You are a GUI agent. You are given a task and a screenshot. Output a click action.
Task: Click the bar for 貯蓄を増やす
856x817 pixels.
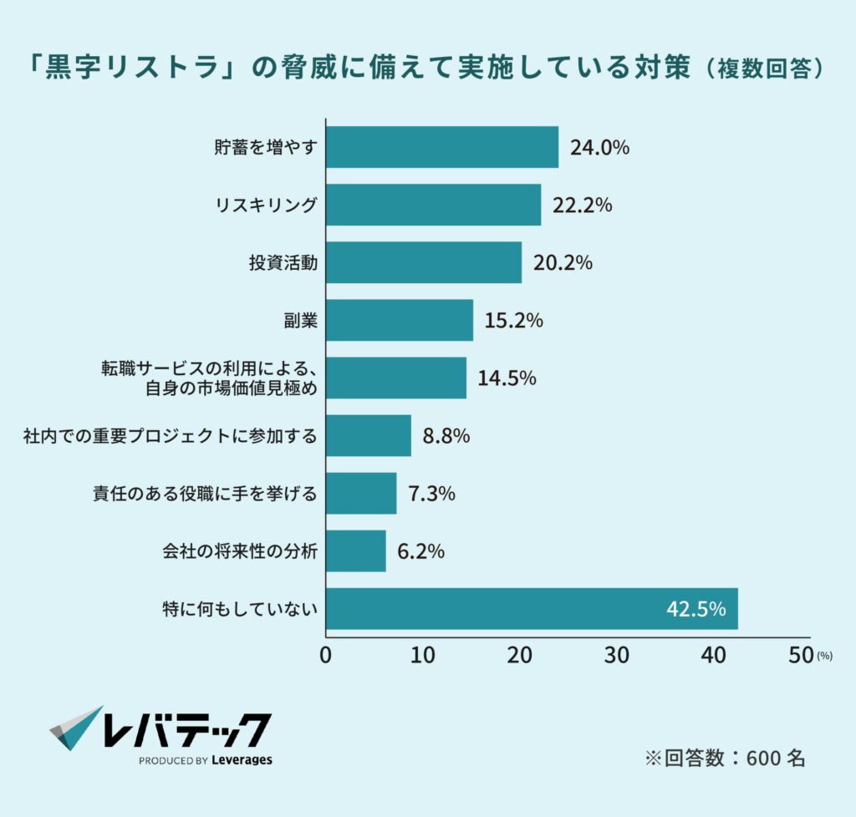tap(441, 147)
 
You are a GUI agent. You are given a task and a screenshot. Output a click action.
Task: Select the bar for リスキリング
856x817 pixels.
tap(433, 205)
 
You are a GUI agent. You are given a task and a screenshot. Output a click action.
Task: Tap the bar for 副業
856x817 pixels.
tap(399, 320)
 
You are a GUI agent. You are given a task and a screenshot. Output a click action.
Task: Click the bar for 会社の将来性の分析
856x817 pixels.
tap(355, 551)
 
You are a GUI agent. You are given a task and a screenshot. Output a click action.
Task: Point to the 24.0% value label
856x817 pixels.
tap(599, 148)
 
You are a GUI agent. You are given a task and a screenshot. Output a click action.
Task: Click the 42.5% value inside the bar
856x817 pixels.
tap(695, 609)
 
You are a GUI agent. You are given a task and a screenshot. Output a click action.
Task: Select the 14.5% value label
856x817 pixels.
tap(507, 378)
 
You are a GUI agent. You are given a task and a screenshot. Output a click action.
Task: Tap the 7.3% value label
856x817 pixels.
tap(431, 493)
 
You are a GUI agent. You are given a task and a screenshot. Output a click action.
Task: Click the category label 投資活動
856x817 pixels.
tap(283, 262)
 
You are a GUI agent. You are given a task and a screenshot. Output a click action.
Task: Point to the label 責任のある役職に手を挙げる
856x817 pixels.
tap(204, 493)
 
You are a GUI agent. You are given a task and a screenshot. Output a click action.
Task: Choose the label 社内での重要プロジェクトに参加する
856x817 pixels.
tap(171, 435)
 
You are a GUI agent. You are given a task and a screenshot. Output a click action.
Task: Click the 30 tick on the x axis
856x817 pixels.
tap(616, 656)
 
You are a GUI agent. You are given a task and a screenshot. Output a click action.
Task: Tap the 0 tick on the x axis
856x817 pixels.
tap(325, 656)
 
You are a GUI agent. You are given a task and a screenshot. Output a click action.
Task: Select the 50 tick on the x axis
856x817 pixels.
tap(800, 656)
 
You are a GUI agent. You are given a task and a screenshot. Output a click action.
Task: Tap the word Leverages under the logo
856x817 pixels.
tap(242, 760)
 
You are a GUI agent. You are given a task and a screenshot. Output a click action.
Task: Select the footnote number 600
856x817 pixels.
tap(763, 758)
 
